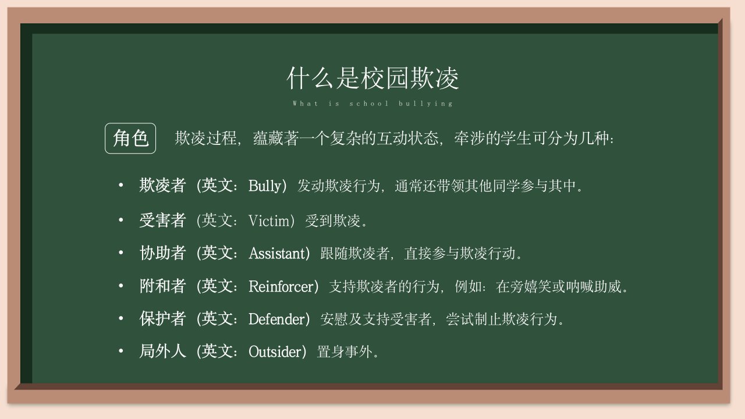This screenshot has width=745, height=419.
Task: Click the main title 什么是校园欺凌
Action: (x=372, y=78)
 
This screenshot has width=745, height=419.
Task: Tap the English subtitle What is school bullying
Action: (x=372, y=104)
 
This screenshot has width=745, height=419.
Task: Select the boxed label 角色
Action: (x=130, y=139)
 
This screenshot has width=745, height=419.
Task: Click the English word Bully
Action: (x=265, y=186)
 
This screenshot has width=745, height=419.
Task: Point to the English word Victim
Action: (x=269, y=221)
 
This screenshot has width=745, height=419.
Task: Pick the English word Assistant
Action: (x=277, y=253)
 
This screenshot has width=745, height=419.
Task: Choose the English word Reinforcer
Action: (x=281, y=286)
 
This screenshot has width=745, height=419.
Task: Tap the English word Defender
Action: (x=276, y=319)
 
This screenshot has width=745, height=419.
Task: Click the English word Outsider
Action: (x=275, y=352)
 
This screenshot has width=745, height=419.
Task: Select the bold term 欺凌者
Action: (x=162, y=185)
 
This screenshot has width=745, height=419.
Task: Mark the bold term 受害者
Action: (x=162, y=220)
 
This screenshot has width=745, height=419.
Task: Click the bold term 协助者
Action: (x=162, y=253)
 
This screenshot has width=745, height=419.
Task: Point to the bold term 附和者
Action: (x=162, y=286)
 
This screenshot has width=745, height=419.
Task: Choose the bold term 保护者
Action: (x=162, y=318)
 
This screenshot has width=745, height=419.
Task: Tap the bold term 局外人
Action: (x=162, y=351)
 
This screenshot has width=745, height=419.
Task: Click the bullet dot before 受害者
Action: (x=121, y=220)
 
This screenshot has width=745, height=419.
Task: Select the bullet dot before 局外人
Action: (x=121, y=351)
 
